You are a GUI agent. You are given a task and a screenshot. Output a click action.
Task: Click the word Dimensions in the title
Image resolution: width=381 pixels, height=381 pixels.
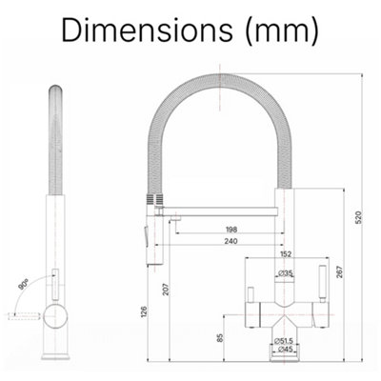click(x=147, y=30)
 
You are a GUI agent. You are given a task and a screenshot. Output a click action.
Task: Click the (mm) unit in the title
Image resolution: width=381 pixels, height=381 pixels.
click(x=282, y=30)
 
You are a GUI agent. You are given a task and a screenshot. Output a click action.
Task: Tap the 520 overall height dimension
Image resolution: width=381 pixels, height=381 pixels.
click(x=358, y=217)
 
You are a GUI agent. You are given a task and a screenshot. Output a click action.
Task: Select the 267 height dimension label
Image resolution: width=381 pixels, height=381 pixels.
click(x=339, y=272)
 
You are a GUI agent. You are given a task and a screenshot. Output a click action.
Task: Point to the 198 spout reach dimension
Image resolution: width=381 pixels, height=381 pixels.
click(x=231, y=229)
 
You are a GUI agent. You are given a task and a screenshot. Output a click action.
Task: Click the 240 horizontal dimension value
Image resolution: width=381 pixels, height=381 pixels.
click(x=231, y=241)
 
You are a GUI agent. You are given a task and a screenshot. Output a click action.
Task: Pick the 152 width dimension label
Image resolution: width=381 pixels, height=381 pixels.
click(x=286, y=254)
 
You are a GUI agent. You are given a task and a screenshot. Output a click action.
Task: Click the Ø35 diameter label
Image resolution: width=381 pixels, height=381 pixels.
click(x=286, y=272)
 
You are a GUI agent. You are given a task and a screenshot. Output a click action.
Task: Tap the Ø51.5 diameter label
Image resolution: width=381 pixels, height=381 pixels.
click(x=284, y=341)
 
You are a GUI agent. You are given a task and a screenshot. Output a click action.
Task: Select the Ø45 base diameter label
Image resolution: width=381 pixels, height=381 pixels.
click(x=285, y=350)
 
